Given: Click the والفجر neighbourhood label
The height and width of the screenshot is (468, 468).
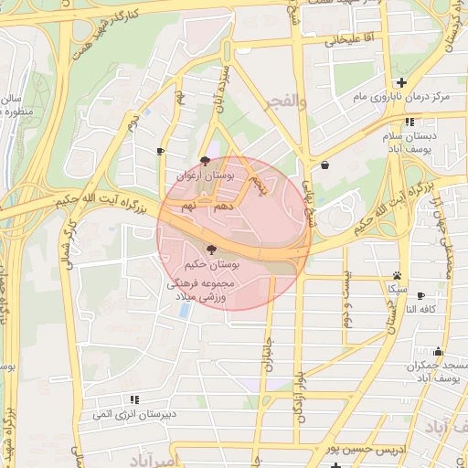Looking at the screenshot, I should coord(283,102).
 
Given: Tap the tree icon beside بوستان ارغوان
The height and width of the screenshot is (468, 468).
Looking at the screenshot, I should coord(205,160).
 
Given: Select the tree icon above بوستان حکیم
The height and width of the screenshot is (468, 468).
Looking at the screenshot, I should coord(211,249).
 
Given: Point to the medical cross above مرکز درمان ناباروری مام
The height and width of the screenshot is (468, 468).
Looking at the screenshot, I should coord(400,82).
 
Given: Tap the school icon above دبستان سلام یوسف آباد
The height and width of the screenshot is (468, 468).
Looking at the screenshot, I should coord(409,121).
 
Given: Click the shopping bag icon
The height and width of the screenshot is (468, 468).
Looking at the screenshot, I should coord(326,165).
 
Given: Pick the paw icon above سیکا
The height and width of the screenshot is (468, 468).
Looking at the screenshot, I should coord(397,275).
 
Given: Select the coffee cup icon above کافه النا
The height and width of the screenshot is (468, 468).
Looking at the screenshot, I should coord(420,295).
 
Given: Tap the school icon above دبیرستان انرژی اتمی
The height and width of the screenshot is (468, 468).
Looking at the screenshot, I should coord(135,399).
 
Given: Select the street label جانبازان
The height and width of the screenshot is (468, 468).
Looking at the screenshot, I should coord(270,350).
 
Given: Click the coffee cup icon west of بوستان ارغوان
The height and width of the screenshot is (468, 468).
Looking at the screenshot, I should coord(162,151).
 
